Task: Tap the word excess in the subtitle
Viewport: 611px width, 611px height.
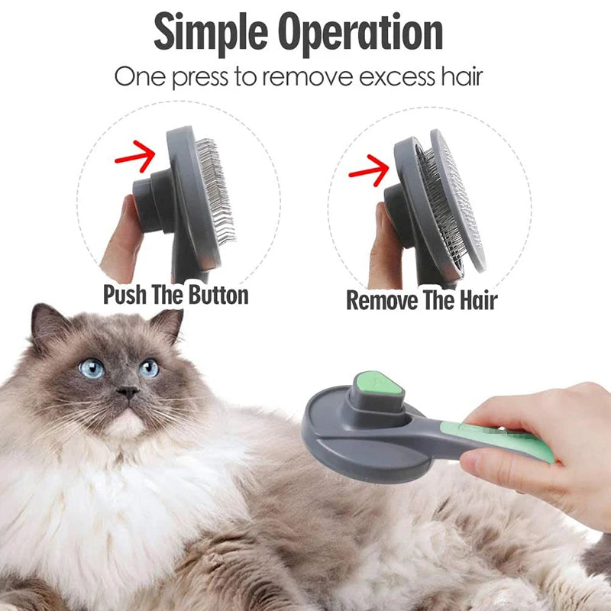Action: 396,77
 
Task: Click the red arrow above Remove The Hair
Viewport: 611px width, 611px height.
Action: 369,170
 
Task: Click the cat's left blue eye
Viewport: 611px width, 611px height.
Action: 92,368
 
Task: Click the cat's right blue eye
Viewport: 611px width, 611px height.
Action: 148,368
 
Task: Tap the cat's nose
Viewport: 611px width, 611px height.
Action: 128,391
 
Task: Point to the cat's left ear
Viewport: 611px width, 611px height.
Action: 46,323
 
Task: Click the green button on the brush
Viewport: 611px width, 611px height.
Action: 377,383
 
